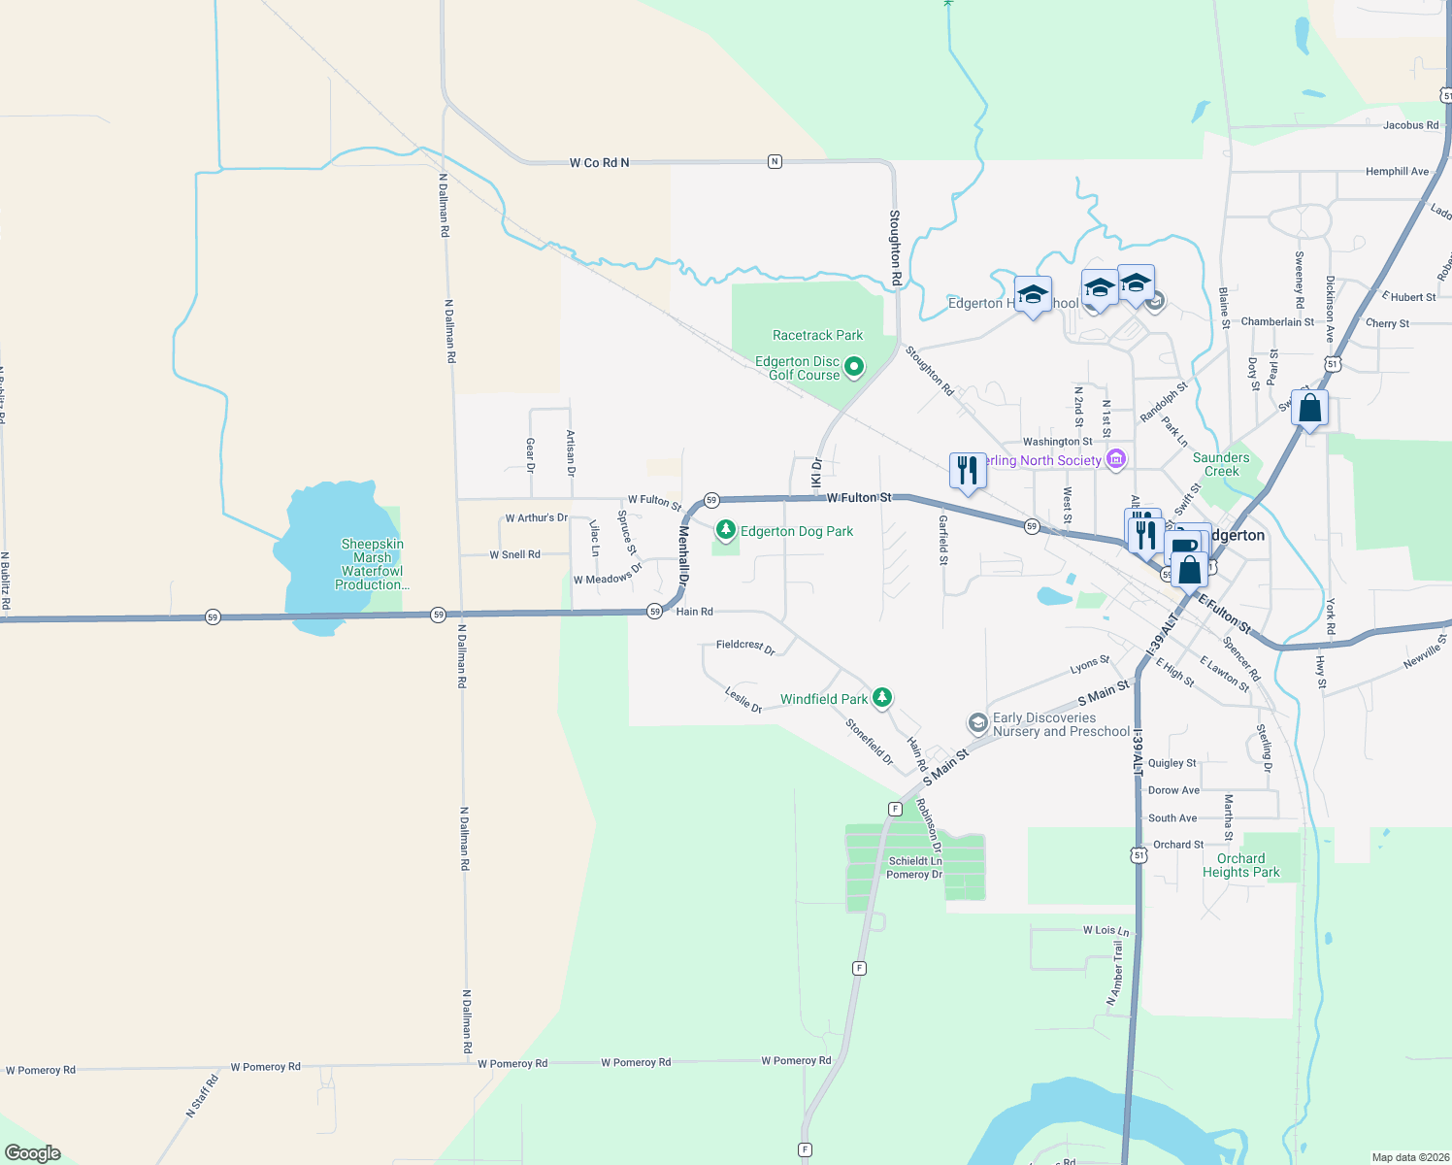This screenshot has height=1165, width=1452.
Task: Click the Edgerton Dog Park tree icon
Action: (x=725, y=530)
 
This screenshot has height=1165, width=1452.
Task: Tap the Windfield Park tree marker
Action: (x=881, y=697)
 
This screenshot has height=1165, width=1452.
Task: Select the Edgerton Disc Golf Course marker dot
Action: (x=854, y=367)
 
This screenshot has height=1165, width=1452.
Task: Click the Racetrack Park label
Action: (x=817, y=335)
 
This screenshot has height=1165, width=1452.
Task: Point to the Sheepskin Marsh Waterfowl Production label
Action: (x=372, y=564)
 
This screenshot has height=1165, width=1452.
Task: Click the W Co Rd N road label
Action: (x=599, y=162)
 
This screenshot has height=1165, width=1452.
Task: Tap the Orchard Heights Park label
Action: (x=1240, y=865)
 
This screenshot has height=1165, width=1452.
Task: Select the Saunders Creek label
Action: (x=1221, y=464)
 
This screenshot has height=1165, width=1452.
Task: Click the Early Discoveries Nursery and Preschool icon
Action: (x=977, y=722)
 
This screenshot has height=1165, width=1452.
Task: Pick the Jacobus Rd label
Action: (x=1410, y=125)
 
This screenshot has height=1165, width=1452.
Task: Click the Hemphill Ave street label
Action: (x=1397, y=171)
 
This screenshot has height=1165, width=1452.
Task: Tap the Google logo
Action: (x=33, y=1152)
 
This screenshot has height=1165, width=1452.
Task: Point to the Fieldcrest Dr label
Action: (x=745, y=647)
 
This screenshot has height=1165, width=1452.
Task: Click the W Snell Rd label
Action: (x=514, y=554)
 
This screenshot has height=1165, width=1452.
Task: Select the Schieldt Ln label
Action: (x=915, y=860)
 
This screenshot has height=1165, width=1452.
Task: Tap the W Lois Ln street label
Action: (x=1105, y=930)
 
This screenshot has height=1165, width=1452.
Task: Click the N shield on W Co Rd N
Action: (x=775, y=161)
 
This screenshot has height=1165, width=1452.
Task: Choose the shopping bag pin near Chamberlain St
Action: (x=1309, y=409)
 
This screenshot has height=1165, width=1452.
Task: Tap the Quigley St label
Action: (x=1172, y=763)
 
